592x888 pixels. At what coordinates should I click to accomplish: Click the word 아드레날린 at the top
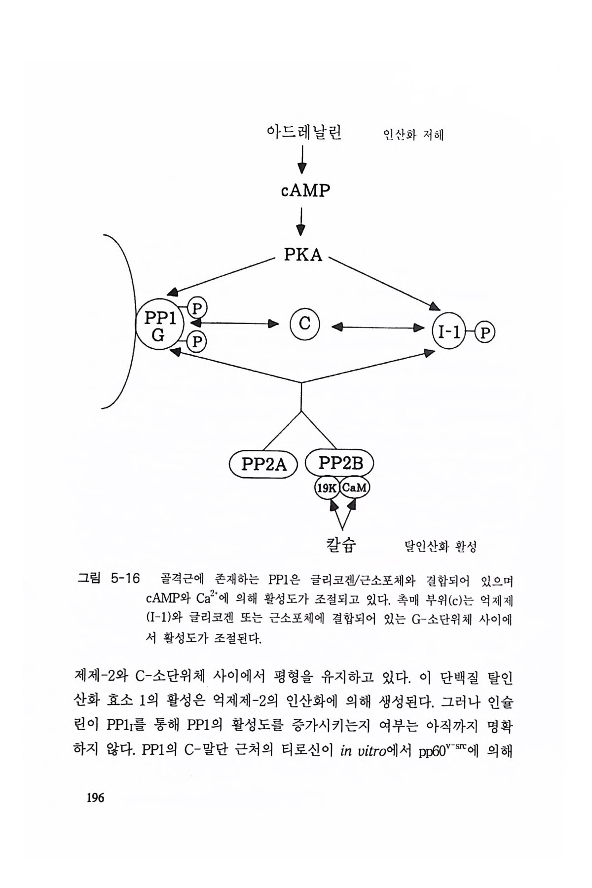coord(303,133)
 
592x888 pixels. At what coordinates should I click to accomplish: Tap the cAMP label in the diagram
coord(305,190)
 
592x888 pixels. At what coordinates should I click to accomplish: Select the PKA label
coord(303,256)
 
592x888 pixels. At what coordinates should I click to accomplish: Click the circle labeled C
coord(305,324)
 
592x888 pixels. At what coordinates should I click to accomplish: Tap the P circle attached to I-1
coord(485,333)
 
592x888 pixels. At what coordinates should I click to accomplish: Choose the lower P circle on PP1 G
coord(197,341)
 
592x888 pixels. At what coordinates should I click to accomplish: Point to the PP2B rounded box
coord(340,463)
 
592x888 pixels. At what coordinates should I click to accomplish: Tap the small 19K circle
coord(327,488)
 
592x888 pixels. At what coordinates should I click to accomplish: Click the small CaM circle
coord(354,488)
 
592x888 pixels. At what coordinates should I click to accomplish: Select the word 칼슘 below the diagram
coord(341,545)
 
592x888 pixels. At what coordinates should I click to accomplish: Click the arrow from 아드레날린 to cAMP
coord(301,160)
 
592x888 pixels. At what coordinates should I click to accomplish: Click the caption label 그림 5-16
coord(110,578)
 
